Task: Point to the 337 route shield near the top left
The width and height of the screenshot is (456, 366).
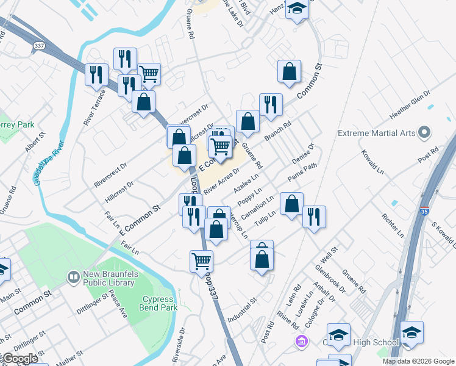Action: click(39, 45)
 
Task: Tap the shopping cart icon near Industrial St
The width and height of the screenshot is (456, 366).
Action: click(201, 261)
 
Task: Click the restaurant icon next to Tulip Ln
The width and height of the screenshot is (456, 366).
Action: click(314, 217)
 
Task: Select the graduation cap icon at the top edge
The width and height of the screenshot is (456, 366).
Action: click(297, 8)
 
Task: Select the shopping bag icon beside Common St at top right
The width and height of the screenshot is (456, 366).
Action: click(289, 71)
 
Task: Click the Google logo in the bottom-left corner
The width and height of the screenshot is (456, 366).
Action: click(20, 359)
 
